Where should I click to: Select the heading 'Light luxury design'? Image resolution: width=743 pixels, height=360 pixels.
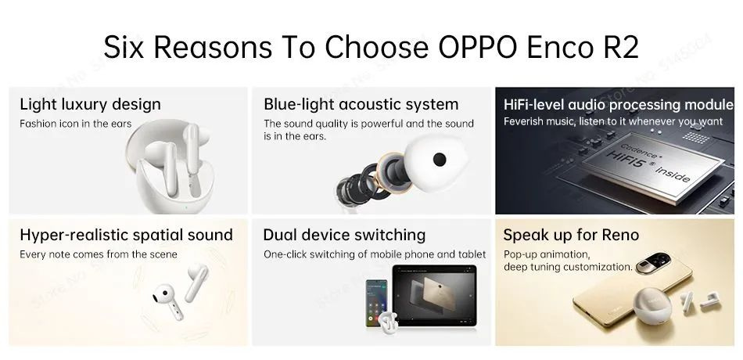[x=90, y=104]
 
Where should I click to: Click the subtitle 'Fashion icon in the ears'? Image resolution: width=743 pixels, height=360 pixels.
[x=75, y=124]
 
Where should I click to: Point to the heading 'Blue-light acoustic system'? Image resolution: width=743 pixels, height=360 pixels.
[x=361, y=104]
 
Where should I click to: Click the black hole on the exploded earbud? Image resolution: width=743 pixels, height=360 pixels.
[x=440, y=160]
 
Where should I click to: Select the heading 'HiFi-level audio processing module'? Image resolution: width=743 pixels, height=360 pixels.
[x=619, y=104]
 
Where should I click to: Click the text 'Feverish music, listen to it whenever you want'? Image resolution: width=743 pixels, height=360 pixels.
[x=613, y=121]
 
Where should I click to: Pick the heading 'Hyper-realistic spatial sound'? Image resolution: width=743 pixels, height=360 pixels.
[x=126, y=235]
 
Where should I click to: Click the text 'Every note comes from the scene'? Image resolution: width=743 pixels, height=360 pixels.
[x=98, y=254]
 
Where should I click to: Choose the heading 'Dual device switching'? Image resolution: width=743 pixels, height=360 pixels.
[x=344, y=235]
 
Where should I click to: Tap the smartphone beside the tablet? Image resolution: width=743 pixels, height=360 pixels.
[x=376, y=303]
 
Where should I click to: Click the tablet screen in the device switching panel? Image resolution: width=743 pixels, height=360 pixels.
[x=434, y=294]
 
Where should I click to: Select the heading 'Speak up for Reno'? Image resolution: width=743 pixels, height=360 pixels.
[x=571, y=235]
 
